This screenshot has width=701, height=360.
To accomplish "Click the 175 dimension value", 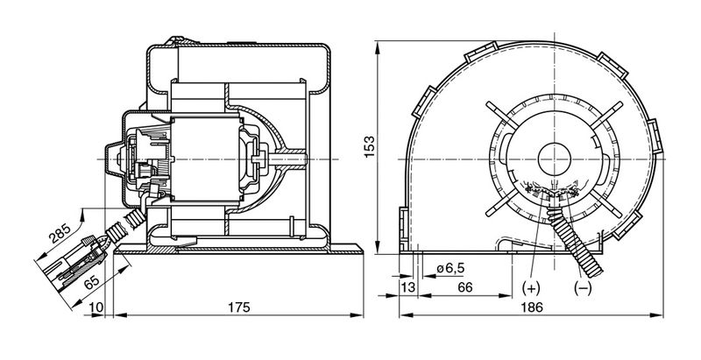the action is [238, 307].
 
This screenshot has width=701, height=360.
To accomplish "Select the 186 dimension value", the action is [532, 307].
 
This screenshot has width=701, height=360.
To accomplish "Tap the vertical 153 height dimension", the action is [369, 147].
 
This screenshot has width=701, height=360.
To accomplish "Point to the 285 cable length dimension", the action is [60, 233].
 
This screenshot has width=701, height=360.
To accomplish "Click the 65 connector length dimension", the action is [91, 282].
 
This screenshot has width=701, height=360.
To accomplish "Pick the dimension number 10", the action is [96, 307].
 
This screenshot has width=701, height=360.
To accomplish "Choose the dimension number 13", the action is [408, 287].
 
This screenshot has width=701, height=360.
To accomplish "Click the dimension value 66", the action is [465, 287].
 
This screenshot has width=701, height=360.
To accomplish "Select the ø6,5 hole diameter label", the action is [450, 268].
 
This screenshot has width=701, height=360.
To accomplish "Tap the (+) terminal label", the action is [531, 288].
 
